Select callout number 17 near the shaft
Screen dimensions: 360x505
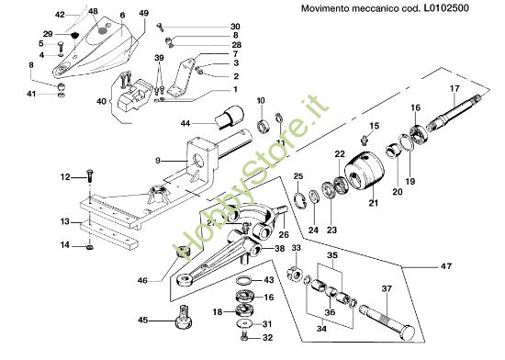(x=453, y=89)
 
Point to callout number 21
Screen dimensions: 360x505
(x=374, y=203)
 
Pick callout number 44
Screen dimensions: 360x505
(x=186, y=122)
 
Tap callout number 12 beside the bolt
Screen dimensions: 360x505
(x=65, y=176)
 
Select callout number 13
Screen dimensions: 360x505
(x=65, y=222)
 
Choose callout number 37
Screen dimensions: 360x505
(x=387, y=289)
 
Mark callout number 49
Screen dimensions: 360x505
(x=143, y=13)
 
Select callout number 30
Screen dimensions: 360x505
(x=235, y=27)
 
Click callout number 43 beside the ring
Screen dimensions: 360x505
(x=268, y=280)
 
